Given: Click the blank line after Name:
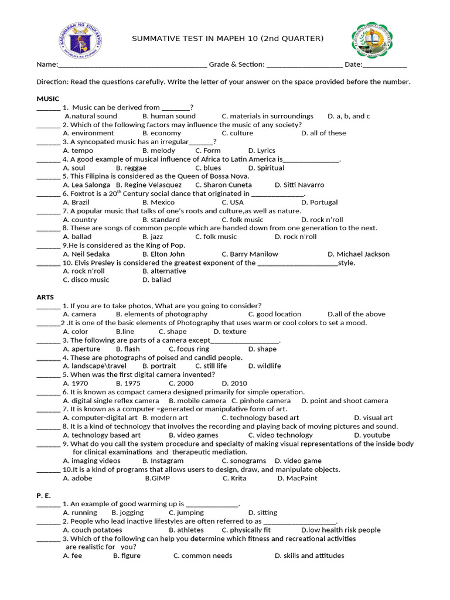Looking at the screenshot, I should [x=132, y=65].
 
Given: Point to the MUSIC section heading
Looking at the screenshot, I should [x=47, y=98].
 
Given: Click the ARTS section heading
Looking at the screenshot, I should [x=45, y=297].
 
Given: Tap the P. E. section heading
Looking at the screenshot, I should [x=44, y=495].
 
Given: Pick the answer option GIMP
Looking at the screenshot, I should [x=157, y=478].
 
